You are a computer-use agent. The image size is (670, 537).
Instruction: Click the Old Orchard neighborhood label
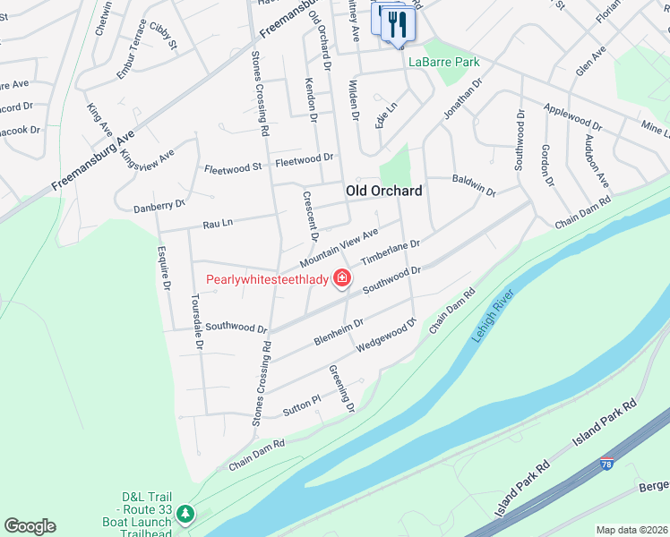pos(383,192)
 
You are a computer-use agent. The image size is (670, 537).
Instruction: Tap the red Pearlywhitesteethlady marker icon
pos(341,279)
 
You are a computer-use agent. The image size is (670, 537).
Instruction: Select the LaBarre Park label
pos(444,63)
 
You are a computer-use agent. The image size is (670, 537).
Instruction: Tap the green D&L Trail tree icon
pos(185,514)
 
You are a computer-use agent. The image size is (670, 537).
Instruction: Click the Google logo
pos(30,526)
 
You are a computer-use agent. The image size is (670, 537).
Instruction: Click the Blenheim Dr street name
pos(339,333)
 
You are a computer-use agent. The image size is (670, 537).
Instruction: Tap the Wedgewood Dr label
pos(387,336)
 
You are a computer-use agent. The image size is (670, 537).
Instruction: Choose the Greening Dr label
pos(342,388)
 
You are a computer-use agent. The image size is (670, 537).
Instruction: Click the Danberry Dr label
pos(159,206)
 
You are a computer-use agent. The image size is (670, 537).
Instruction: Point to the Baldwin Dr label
pos(474,184)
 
